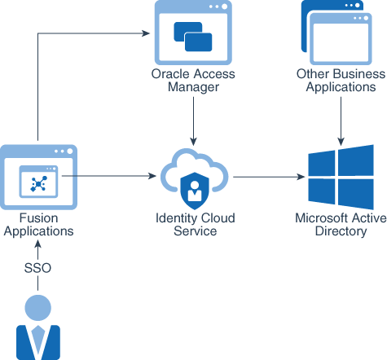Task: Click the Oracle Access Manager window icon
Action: [x=192, y=33]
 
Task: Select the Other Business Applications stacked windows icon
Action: [x=340, y=33]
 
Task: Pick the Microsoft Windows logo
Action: [x=341, y=176]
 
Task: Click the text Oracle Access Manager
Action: [x=193, y=81]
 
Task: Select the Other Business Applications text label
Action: [x=340, y=81]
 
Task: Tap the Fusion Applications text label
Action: [x=38, y=225]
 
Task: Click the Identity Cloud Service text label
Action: [x=194, y=225]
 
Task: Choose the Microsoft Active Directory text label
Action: [x=341, y=225]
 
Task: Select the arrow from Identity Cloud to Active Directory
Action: [x=265, y=176]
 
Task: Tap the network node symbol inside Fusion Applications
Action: [x=38, y=184]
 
